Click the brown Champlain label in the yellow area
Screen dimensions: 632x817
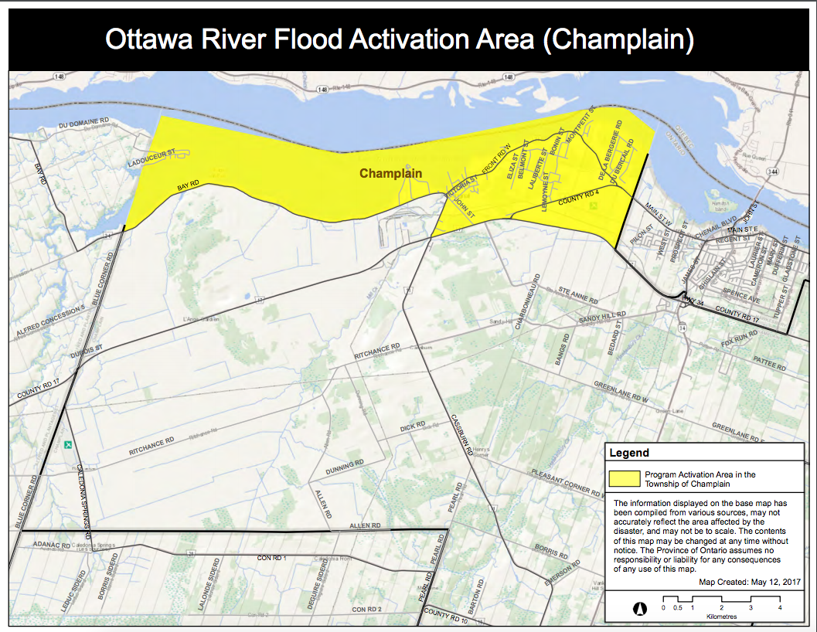(391, 173)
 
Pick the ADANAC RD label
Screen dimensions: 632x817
(51, 545)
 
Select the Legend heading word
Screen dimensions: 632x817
(629, 453)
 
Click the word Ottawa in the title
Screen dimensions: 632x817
(157, 39)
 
